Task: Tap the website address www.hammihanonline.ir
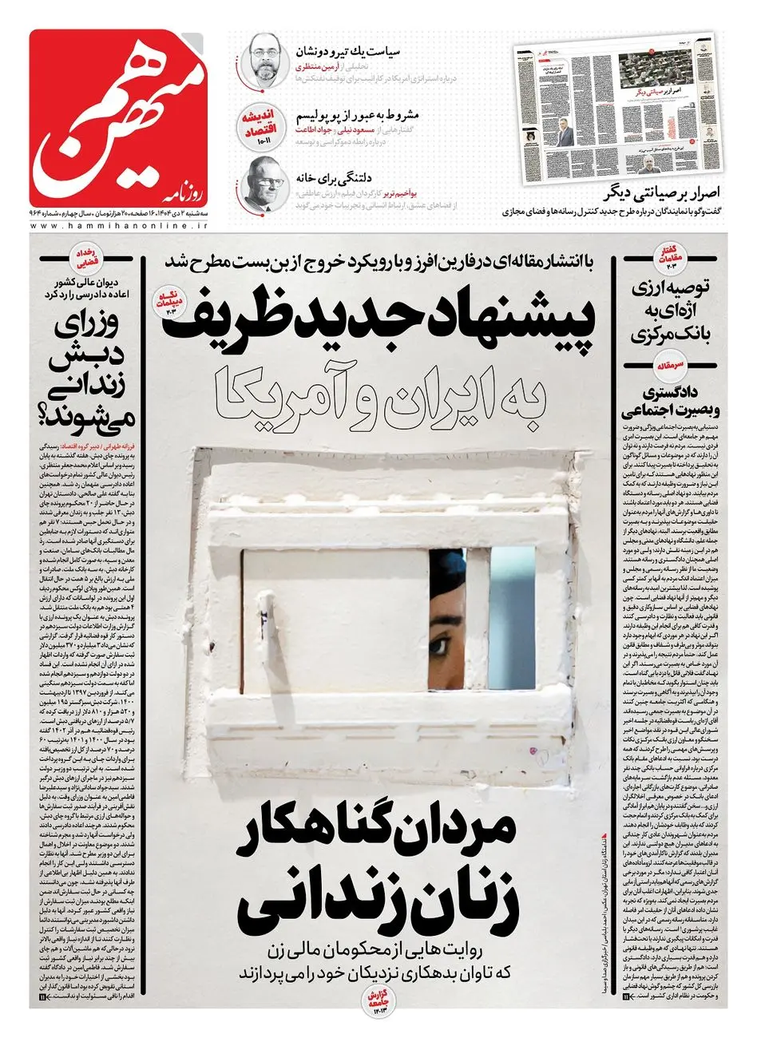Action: coord(119,228)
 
